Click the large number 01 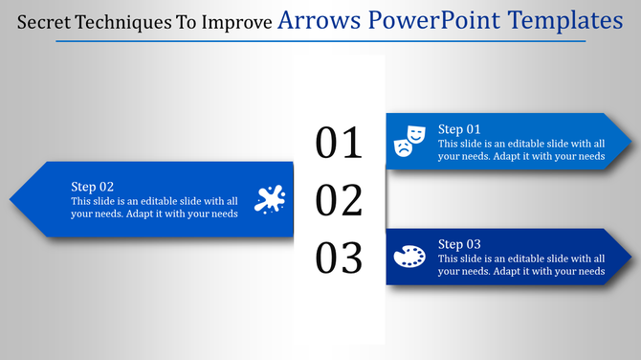[340, 143]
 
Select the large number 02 [340, 201]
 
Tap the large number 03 [340, 259]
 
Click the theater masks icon [409, 140]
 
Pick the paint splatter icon [270, 199]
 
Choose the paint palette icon [409, 257]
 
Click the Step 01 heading [459, 129]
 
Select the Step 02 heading [93, 187]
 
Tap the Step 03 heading [459, 244]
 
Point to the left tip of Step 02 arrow [11, 200]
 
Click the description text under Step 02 [154, 207]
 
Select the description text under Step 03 [521, 265]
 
